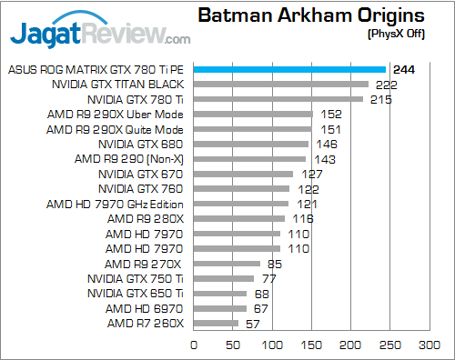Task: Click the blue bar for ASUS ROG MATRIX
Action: click(289, 69)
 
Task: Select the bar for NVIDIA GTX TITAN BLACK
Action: click(280, 85)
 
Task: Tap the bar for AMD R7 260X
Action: click(216, 324)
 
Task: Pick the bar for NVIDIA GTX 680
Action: click(250, 144)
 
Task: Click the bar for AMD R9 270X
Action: click(227, 264)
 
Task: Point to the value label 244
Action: click(403, 69)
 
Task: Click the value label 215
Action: click(380, 99)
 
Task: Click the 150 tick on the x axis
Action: click(311, 345)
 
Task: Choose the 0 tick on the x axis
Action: click(194, 345)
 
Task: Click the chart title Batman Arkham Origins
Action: click(311, 15)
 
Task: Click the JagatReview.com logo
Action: click(100, 35)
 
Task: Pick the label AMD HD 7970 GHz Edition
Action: click(116, 204)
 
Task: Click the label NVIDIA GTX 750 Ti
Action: click(136, 279)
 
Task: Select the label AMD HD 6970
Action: click(146, 308)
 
